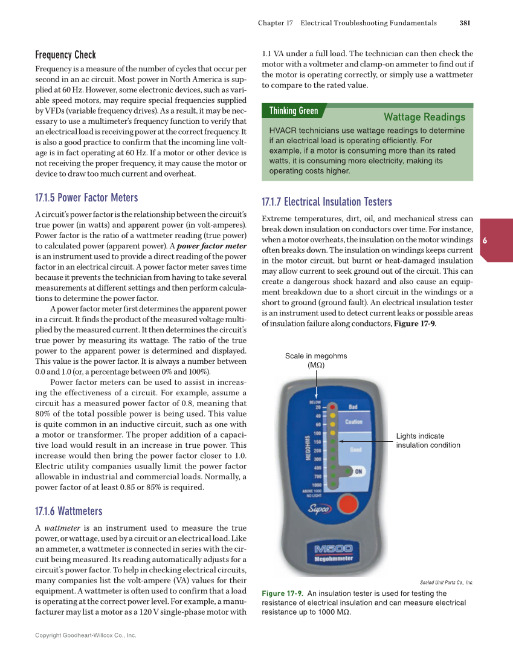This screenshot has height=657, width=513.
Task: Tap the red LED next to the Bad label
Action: click(x=332, y=407)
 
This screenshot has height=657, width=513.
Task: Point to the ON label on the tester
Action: click(x=358, y=471)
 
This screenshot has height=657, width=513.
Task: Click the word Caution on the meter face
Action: click(x=353, y=422)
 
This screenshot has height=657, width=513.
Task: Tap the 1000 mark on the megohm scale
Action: click(x=317, y=485)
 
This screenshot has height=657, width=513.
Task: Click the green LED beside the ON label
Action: click(x=332, y=471)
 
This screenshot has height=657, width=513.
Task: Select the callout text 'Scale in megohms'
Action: click(x=316, y=356)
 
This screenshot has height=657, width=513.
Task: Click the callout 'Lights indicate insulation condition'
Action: click(x=428, y=441)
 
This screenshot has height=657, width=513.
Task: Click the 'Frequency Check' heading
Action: click(x=65, y=55)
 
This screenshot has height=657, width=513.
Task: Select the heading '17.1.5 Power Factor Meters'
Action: click(x=86, y=198)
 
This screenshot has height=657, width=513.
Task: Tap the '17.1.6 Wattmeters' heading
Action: click(x=69, y=511)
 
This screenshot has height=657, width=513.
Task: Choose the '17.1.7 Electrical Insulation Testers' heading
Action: click(x=326, y=202)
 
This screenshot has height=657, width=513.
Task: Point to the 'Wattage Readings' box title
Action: click(x=424, y=117)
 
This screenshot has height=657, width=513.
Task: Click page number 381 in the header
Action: click(x=465, y=23)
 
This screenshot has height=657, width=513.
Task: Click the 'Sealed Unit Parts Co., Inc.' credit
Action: click(x=446, y=583)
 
